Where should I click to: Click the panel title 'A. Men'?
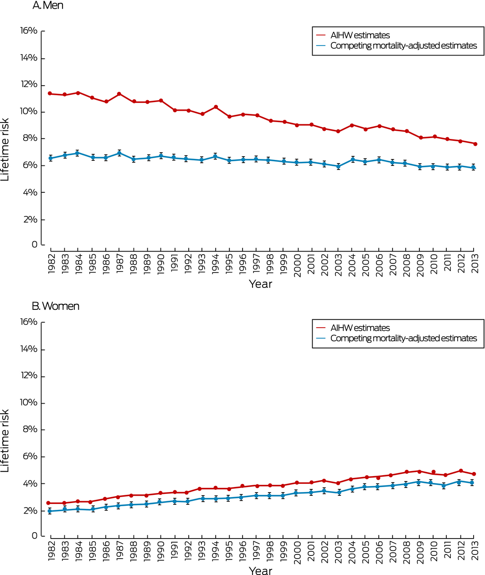coord(47,5)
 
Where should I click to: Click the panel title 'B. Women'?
coord(56,306)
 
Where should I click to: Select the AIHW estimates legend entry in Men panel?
coord(360,35)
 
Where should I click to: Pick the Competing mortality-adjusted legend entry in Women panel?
coord(403,338)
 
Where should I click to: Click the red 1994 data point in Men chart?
coord(216,107)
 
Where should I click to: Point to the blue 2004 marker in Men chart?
coord(352,159)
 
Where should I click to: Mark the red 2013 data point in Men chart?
coord(475,144)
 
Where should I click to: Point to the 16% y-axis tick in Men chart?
coord(28,31)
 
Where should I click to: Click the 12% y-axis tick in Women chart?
coord(28,376)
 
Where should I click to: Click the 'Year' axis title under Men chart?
coord(260,284)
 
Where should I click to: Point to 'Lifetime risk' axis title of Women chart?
coord(5,441)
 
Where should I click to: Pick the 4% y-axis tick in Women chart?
coord(30,483)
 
